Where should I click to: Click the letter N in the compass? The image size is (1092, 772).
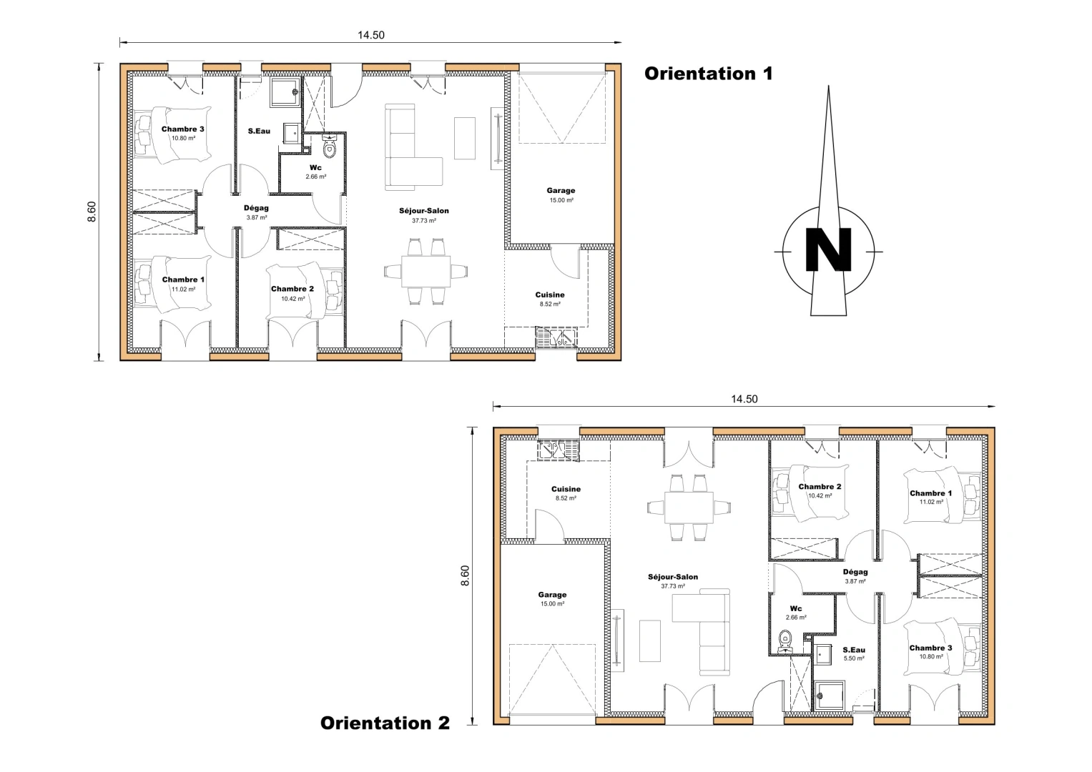click(828, 250)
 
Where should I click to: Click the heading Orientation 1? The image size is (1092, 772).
click(708, 74)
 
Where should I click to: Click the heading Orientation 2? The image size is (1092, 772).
click(385, 723)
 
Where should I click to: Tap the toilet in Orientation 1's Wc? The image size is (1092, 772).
click(329, 147)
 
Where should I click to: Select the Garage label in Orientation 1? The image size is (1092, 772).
click(561, 191)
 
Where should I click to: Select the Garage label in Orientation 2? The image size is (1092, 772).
click(552, 595)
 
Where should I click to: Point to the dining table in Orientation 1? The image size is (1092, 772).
click(426, 272)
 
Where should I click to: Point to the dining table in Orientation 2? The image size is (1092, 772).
click(689, 507)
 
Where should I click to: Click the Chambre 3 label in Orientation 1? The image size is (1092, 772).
click(182, 129)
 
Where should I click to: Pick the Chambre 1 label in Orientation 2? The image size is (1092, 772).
click(930, 493)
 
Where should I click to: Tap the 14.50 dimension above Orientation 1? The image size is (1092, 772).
click(370, 35)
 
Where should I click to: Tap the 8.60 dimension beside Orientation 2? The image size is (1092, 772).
click(466, 575)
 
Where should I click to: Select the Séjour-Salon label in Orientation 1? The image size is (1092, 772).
click(424, 211)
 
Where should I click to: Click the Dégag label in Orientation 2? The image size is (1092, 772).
click(855, 572)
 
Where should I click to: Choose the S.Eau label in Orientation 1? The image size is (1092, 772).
click(259, 131)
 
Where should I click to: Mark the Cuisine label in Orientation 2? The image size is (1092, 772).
click(566, 490)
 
